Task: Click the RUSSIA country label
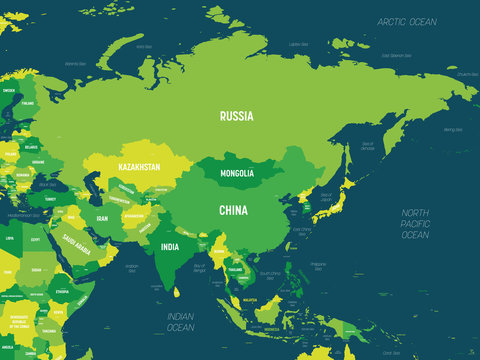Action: click(237, 115)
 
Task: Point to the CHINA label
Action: click(233, 210)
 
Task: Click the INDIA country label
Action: click(170, 247)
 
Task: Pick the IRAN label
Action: click(101, 217)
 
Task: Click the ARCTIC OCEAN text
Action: click(407, 21)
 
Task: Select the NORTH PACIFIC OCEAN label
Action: click(414, 224)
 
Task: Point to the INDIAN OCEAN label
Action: click(180, 321)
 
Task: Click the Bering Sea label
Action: click(452, 129)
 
